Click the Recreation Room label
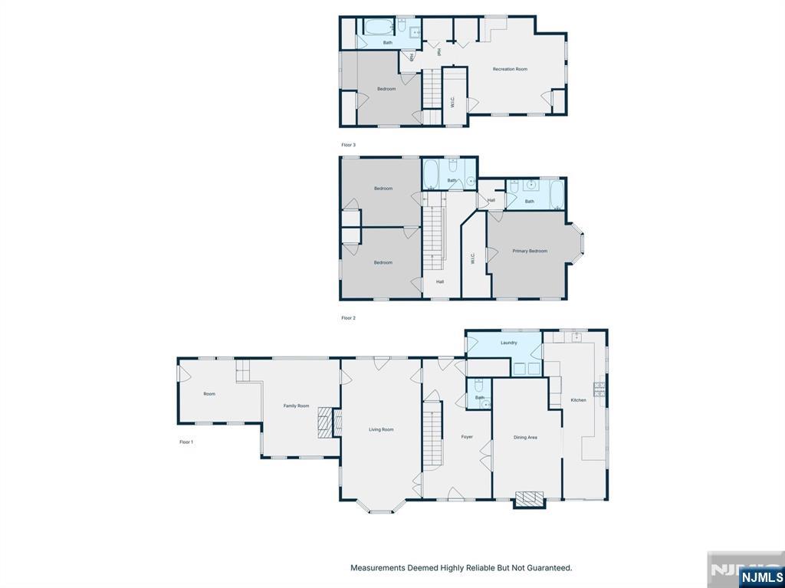coord(510,69)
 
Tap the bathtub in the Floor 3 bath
coord(377,28)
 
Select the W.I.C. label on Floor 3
coord(452,100)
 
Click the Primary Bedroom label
coord(530,251)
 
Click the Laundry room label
coord(508,343)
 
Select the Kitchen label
coord(578,399)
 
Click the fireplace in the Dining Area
coord(528,499)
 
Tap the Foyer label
coord(467,437)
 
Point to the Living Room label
coord(381,429)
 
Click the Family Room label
coord(296,406)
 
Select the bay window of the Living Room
coord(380,507)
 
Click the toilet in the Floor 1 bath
coord(478,385)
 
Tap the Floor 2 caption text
coord(348,317)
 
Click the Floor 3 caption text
coord(348,144)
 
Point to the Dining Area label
coord(525,437)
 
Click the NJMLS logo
coord(761,577)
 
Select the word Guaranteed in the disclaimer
coord(546,568)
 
